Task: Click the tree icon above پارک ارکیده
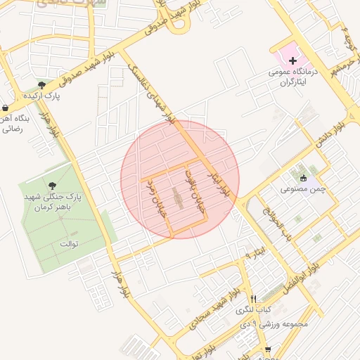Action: pos(42,84)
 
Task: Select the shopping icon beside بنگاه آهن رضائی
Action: pos(6,108)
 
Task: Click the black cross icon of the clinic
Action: pos(293,61)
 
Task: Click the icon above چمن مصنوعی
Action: pos(303,177)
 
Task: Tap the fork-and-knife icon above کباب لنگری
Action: pos(252,299)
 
